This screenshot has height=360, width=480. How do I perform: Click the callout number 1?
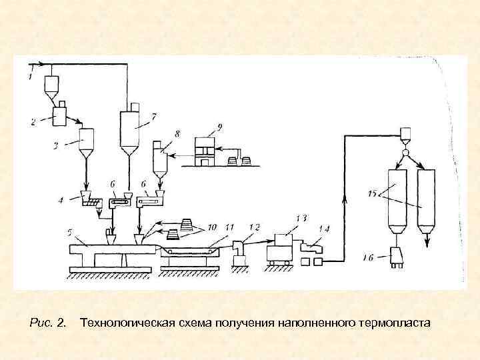pyautogui.click(x=29, y=77)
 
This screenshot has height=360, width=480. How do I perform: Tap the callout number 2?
pyautogui.click(x=33, y=121)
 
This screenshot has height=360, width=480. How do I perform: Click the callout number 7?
pyautogui.click(x=153, y=117)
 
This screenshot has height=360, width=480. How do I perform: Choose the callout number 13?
pyautogui.click(x=301, y=217)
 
